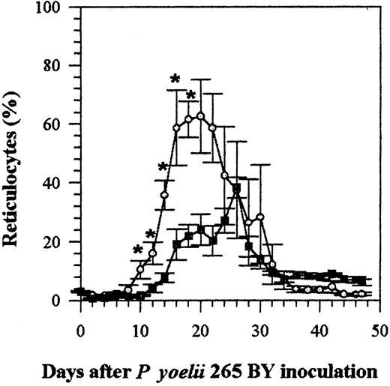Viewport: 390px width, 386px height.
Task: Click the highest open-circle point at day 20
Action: click(200, 115)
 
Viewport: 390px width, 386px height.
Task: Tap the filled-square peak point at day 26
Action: click(236, 188)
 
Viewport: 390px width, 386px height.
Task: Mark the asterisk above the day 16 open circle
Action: click(175, 79)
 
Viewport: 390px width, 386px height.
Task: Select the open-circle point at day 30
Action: click(260, 217)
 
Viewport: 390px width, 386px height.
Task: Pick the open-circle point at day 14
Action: click(164, 195)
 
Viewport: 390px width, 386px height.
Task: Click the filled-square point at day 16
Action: click(176, 244)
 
